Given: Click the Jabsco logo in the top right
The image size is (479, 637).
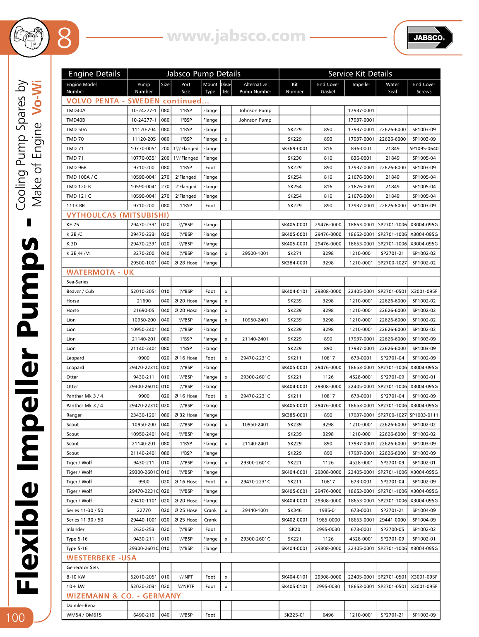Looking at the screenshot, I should tap(429, 38).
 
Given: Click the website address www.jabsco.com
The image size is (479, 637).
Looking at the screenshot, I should tap(236, 36).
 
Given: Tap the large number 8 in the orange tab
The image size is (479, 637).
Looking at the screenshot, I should tap(64, 38).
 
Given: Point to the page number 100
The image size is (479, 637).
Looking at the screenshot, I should tap(15, 618).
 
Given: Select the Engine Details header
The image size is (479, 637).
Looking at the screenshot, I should tap(94, 74).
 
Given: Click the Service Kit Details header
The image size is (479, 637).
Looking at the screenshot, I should tap(360, 74).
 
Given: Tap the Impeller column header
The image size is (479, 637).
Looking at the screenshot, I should tap(361, 84).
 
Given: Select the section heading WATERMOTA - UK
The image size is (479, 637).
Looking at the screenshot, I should tap(100, 272).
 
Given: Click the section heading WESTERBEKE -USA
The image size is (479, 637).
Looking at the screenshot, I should tap(101, 558).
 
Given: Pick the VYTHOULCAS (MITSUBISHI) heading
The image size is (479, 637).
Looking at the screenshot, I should tap(118, 215).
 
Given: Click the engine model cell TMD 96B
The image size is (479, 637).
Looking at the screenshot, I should tap(77, 168).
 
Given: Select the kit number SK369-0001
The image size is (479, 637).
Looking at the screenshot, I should tap(294, 148).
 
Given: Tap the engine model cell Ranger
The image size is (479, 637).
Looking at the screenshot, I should tap(74, 415).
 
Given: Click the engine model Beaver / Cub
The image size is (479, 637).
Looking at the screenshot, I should tap(80, 291).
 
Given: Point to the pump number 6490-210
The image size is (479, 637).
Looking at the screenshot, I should tap(144, 615).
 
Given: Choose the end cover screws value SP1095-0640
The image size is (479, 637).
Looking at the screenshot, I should tap(424, 148).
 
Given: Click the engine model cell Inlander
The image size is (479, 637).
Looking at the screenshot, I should tap(75, 529).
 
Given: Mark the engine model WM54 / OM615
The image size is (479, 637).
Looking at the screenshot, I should tap(84, 615).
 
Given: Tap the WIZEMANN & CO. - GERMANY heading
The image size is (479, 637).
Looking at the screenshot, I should tap(124, 596).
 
